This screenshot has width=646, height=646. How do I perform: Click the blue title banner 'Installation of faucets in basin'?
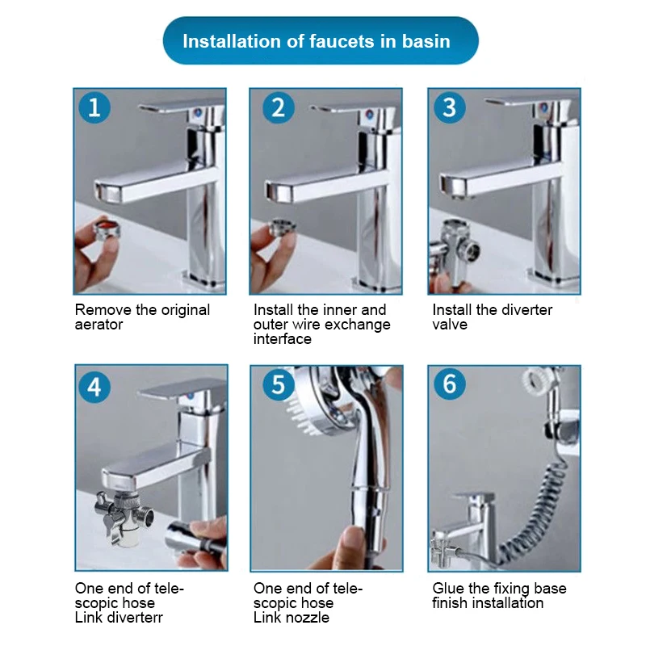click(321, 40)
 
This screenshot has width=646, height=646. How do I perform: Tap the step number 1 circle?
click(94, 107)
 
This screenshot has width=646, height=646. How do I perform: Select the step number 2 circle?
click(279, 107)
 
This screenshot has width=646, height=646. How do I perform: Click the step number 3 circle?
click(450, 107)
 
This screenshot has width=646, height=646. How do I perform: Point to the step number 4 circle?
click(94, 387)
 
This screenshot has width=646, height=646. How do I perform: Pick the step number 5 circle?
click(279, 384)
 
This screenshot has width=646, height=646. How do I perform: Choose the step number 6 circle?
click(450, 384)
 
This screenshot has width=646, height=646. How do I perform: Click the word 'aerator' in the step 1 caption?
click(99, 325)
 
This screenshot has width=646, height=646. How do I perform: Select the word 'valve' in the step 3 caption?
click(450, 325)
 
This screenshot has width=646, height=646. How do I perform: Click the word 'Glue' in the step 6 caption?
click(448, 589)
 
